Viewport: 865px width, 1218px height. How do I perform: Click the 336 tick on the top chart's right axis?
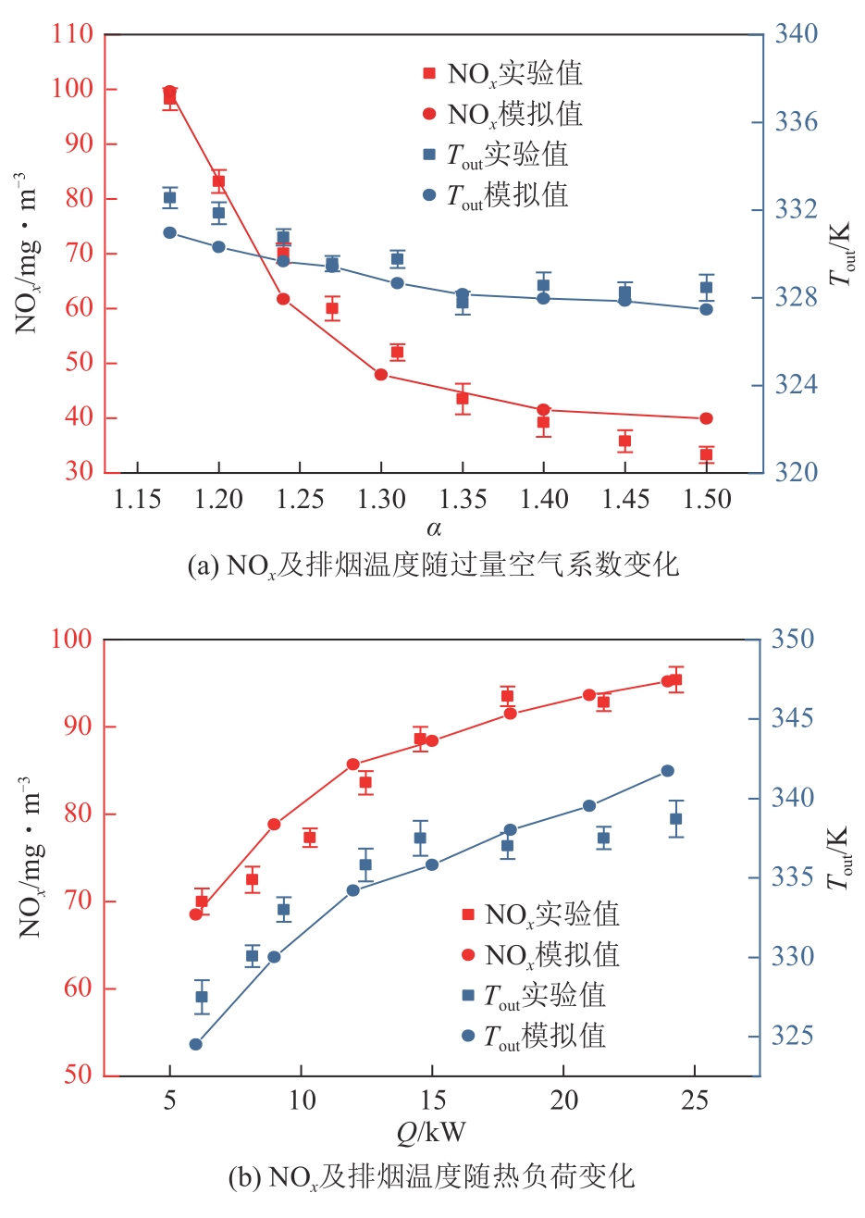pos(796,122)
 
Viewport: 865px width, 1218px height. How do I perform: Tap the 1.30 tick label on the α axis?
pos(380,500)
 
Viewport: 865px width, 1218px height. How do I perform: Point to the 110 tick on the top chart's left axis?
pos(73,34)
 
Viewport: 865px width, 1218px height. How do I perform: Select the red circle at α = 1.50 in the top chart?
pos(706,418)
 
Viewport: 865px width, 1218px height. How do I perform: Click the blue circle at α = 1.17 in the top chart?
pos(170,232)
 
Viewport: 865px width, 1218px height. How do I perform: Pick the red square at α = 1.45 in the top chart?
pos(624,441)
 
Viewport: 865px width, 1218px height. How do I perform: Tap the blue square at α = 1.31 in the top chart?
pos(397,259)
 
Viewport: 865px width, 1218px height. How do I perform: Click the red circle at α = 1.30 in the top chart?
pos(380,374)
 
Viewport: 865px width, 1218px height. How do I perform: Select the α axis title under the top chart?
pos(433,528)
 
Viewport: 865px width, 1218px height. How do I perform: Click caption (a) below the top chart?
pos(433,565)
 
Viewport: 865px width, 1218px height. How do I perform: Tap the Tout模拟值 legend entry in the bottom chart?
pos(544,1036)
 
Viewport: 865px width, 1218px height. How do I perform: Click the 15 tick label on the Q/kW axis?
pos(432,1101)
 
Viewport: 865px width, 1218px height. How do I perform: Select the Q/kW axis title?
pos(432,1132)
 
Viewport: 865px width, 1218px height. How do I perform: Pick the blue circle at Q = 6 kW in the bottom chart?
pos(195,1044)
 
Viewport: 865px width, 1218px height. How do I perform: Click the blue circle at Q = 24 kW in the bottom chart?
pos(667,771)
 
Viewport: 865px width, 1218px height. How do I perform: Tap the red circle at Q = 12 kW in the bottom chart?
pos(352,764)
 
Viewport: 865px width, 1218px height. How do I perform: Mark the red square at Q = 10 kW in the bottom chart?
pos(310,838)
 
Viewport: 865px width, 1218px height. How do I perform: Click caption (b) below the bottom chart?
pos(432,1177)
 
